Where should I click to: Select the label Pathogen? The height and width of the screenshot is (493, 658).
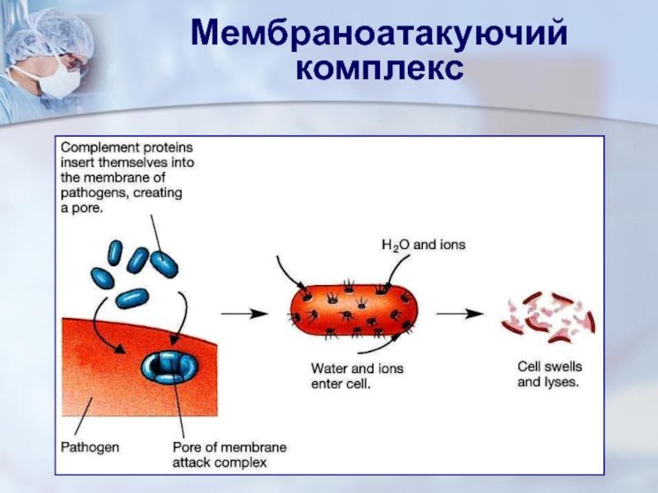tap(90, 448)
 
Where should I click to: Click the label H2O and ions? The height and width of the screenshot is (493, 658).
tap(423, 245)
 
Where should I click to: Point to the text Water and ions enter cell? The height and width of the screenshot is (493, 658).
tap(357, 376)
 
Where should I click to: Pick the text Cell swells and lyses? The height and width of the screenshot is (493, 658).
tap(549, 375)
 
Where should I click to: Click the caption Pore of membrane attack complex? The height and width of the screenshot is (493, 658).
tap(229, 454)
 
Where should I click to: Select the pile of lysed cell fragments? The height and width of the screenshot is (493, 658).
tap(547, 317)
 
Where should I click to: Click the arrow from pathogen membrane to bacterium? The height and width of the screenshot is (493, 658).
tap(245, 313)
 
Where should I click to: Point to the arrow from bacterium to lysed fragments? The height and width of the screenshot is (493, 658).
tap(458, 313)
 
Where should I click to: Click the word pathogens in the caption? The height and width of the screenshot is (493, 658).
tap(91, 194)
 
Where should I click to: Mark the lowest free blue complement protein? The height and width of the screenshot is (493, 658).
tap(132, 297)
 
